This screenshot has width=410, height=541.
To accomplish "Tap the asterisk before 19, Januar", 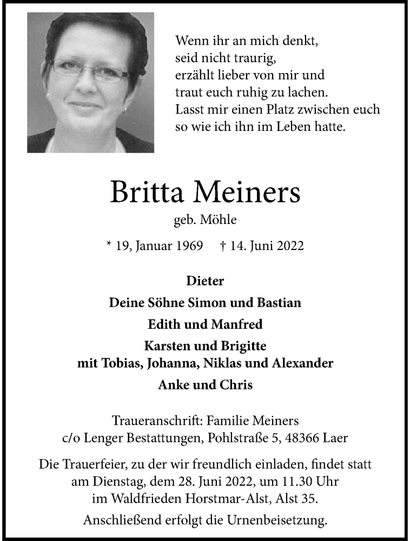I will point(110,245).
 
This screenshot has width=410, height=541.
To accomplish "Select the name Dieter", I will point(204,281).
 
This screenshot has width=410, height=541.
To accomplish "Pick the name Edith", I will point(162,325).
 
